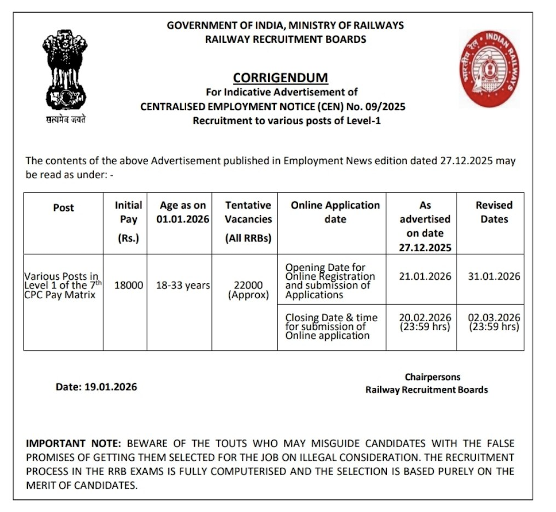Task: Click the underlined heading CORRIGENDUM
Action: click(x=280, y=78)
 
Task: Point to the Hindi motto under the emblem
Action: click(x=65, y=119)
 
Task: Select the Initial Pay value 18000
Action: click(x=128, y=285)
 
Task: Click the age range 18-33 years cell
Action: click(x=182, y=285)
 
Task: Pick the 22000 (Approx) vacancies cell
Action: click(x=248, y=290)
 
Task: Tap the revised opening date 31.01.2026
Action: click(x=494, y=276)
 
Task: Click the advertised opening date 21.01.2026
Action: click(x=425, y=276)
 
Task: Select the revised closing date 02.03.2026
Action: click(x=494, y=318)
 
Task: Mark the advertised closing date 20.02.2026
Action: click(x=425, y=318)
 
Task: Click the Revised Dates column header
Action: click(x=494, y=212)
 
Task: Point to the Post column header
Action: click(x=63, y=208)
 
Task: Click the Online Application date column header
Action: click(x=335, y=212)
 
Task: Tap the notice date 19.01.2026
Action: click(x=110, y=387)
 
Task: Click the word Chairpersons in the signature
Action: click(x=432, y=377)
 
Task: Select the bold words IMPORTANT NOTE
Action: click(x=73, y=443)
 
